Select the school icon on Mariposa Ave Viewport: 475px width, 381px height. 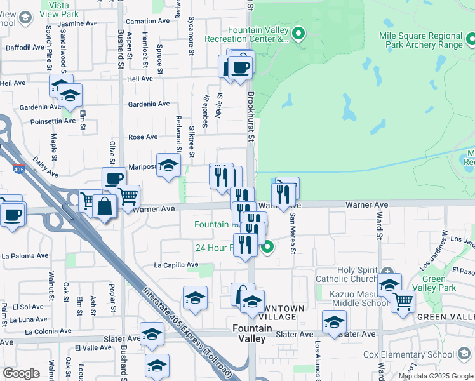pyautogui.click(x=168, y=164)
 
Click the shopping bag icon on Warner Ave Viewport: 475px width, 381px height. pyautogui.click(x=105, y=205)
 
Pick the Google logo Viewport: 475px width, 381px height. pyautogui.click(x=21, y=373)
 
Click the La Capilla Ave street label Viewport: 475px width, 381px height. pyautogui.click(x=176, y=265)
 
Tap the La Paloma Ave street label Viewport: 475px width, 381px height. pyautogui.click(x=25, y=256)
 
